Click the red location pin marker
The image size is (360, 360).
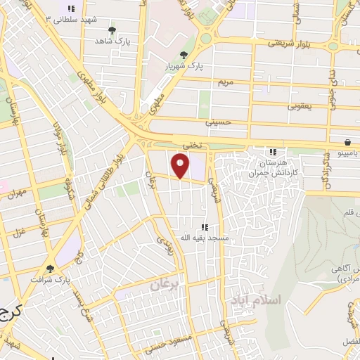[x=181, y=166]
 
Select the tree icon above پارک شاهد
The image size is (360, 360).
[x=112, y=30]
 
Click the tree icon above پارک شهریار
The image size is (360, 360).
[x=184, y=55]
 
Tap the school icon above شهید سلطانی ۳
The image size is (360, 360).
[x=70, y=8]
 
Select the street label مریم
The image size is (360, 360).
[x=225, y=82]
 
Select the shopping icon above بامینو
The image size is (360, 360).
[x=349, y=141]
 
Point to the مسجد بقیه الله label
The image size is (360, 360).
[x=205, y=238]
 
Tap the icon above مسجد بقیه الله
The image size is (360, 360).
[x=205, y=227]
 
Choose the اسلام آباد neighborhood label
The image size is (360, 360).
[x=255, y=300]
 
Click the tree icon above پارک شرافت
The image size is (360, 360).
[x=50, y=268]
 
